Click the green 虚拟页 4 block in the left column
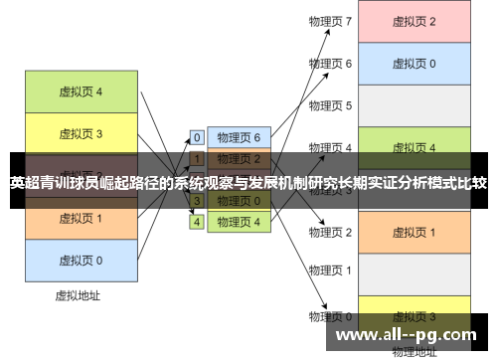tap(81, 91)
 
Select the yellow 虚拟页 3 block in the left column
tap(81, 133)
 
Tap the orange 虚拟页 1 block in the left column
tap(81, 218)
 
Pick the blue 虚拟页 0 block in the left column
tap(81, 260)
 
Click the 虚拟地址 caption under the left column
tap(81, 295)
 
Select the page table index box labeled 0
tap(197, 137)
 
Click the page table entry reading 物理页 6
tap(239, 137)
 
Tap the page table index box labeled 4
tap(197, 222)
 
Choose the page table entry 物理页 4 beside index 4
tap(239, 222)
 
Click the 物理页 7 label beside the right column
tap(330, 21)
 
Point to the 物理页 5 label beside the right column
tap(330, 105)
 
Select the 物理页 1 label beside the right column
tap(330, 274)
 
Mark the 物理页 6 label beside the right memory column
tap(330, 64)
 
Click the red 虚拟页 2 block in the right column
tap(414, 21)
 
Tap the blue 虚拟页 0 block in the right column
tap(414, 64)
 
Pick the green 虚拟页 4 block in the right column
tap(414, 147)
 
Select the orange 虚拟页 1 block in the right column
tap(414, 232)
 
